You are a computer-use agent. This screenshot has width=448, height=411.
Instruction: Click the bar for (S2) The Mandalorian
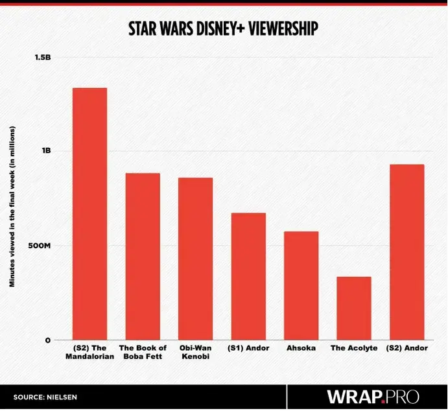(89, 214)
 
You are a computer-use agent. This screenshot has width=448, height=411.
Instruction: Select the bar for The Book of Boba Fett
(143, 257)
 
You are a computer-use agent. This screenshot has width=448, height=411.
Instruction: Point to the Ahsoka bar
(301, 286)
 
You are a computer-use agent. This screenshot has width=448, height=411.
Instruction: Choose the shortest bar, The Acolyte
(354, 309)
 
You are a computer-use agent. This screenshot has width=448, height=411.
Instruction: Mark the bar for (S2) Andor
(407, 252)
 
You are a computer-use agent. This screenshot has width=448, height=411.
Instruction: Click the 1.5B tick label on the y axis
(42, 57)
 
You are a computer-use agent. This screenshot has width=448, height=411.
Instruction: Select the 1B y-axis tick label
(46, 151)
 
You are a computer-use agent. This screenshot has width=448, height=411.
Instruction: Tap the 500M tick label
(40, 246)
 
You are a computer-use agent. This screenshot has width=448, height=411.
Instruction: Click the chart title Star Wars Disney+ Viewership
(223, 30)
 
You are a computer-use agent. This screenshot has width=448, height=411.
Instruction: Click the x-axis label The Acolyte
(354, 348)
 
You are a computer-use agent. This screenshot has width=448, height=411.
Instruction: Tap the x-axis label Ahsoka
(301, 348)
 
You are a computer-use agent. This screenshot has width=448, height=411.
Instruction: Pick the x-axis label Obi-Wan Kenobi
(195, 352)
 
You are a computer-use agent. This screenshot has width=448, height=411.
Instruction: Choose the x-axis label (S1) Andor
(248, 348)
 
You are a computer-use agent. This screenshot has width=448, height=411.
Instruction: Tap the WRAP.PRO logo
(373, 396)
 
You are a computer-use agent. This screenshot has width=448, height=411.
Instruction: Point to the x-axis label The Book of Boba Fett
(143, 352)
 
